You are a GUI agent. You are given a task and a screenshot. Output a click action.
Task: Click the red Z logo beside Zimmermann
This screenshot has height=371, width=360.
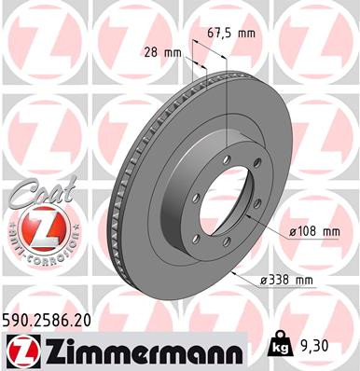point(19,350)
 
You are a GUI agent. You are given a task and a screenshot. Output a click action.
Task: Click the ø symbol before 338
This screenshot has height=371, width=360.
point(264,278)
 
